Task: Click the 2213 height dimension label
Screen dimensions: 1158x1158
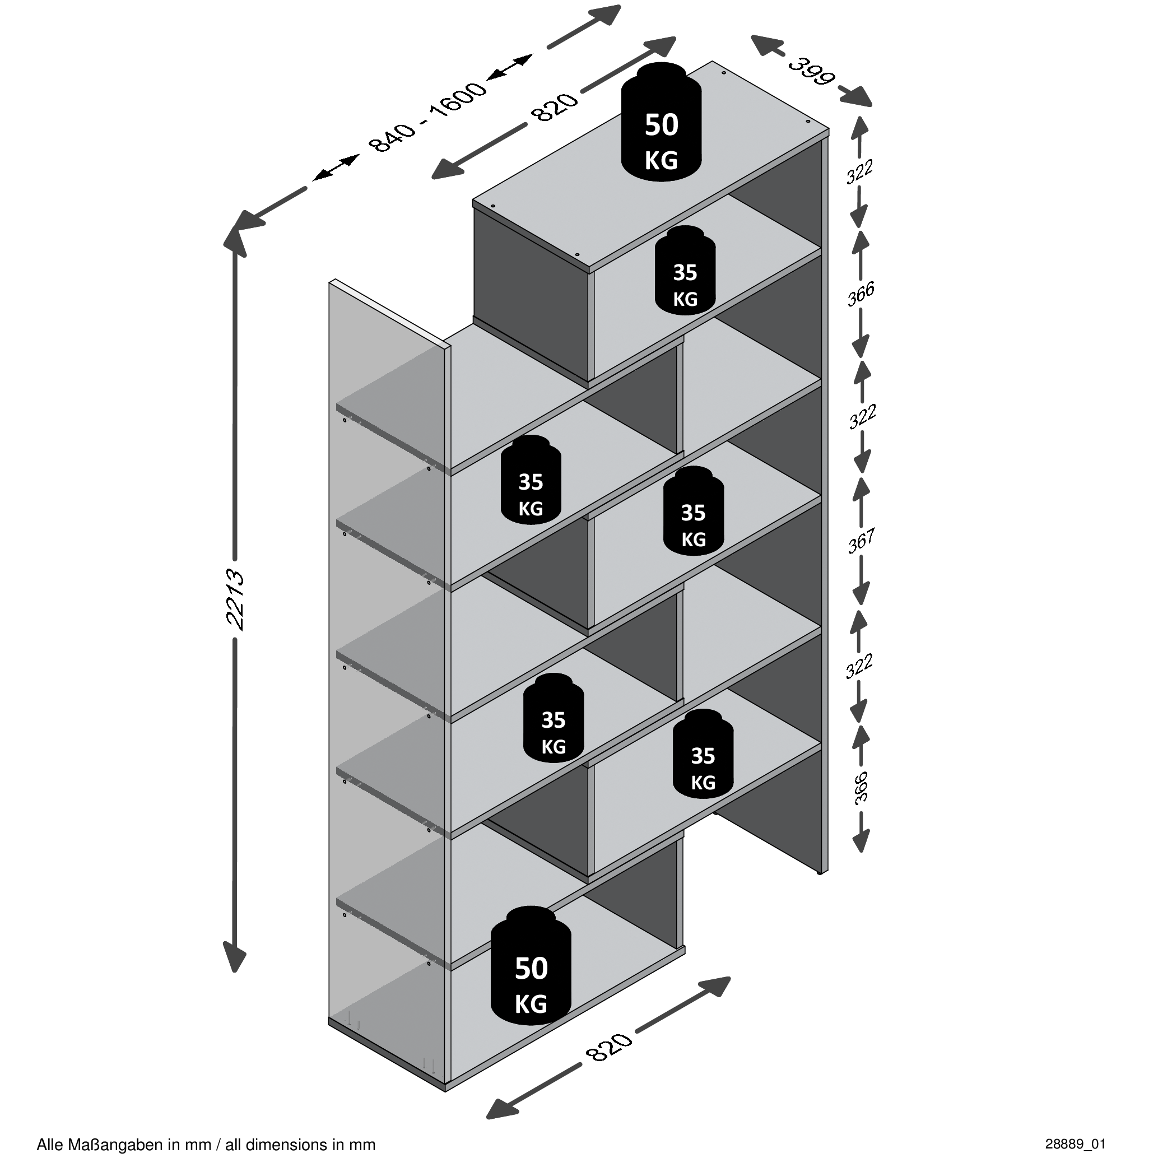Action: tap(235, 599)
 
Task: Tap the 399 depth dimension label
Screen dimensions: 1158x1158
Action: tap(811, 71)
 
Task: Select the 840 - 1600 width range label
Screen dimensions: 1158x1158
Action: tap(427, 117)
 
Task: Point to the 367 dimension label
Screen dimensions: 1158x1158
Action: tap(861, 541)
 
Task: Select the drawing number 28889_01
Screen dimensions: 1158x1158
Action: tap(1075, 1143)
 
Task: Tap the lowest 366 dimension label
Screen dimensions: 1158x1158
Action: tap(861, 788)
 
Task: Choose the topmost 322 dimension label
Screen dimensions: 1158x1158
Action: tap(859, 171)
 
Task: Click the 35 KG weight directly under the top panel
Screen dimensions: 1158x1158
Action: tap(685, 271)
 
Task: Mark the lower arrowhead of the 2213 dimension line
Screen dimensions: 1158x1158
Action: tap(234, 955)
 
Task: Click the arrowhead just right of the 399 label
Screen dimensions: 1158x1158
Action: tap(855, 96)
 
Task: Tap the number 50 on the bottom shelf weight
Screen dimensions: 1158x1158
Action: tap(531, 968)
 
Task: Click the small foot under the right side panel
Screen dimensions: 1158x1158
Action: tap(821, 873)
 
